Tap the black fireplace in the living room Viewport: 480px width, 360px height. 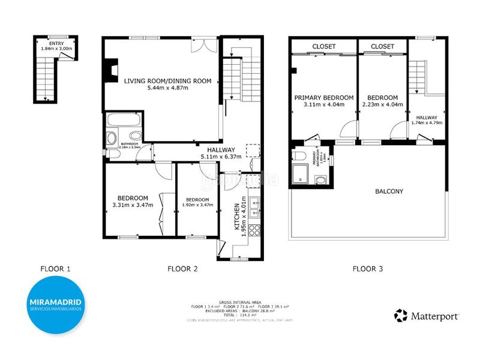[109, 70]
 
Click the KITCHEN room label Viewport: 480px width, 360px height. [238, 218]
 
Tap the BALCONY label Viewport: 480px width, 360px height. [389, 191]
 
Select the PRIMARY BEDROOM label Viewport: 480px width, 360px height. [323, 98]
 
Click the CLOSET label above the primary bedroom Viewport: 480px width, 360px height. [323, 46]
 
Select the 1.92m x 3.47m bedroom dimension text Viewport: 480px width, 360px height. [197, 206]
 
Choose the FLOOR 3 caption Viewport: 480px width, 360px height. [367, 269]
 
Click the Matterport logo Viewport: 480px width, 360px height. [427, 315]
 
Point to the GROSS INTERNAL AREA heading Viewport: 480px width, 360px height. [239, 302]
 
